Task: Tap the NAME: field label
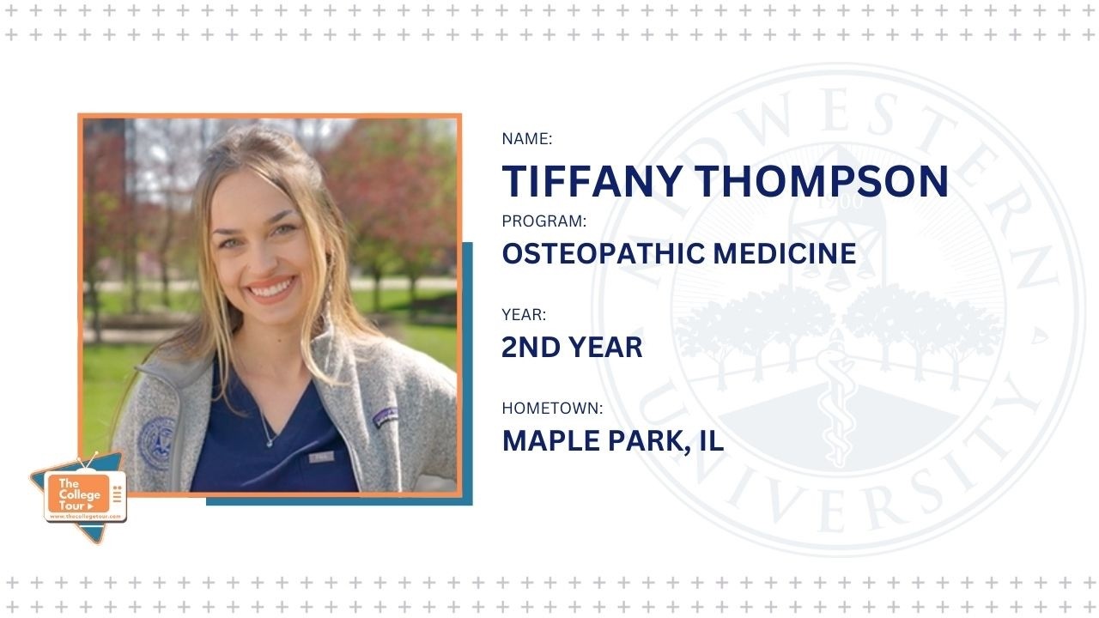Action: point(527,138)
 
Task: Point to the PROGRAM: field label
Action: point(544,221)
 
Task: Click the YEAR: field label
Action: point(524,315)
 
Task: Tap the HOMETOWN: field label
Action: point(553,408)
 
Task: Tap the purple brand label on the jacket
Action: point(386,416)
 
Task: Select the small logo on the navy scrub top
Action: point(322,457)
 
